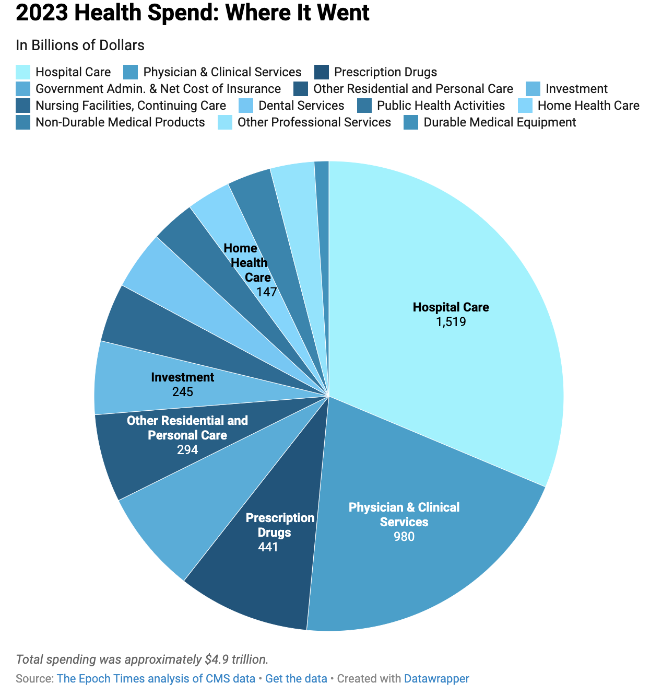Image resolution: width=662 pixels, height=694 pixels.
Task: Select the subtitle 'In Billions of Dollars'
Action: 80,45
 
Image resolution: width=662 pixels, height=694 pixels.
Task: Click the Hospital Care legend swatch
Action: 23,72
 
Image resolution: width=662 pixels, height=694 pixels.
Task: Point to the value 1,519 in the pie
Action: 451,322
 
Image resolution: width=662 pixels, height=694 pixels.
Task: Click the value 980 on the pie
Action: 404,537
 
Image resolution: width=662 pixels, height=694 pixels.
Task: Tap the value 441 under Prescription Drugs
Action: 268,547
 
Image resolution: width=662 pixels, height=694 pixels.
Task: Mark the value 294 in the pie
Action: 187,449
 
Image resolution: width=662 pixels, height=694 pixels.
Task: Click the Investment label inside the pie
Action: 182,377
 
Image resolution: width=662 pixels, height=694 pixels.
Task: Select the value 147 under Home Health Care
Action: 266,292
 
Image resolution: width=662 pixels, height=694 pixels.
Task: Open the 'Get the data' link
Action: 296,679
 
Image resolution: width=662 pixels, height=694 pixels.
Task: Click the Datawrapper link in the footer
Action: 436,679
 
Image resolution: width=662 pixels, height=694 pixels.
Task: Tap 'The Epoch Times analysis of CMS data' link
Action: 156,679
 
